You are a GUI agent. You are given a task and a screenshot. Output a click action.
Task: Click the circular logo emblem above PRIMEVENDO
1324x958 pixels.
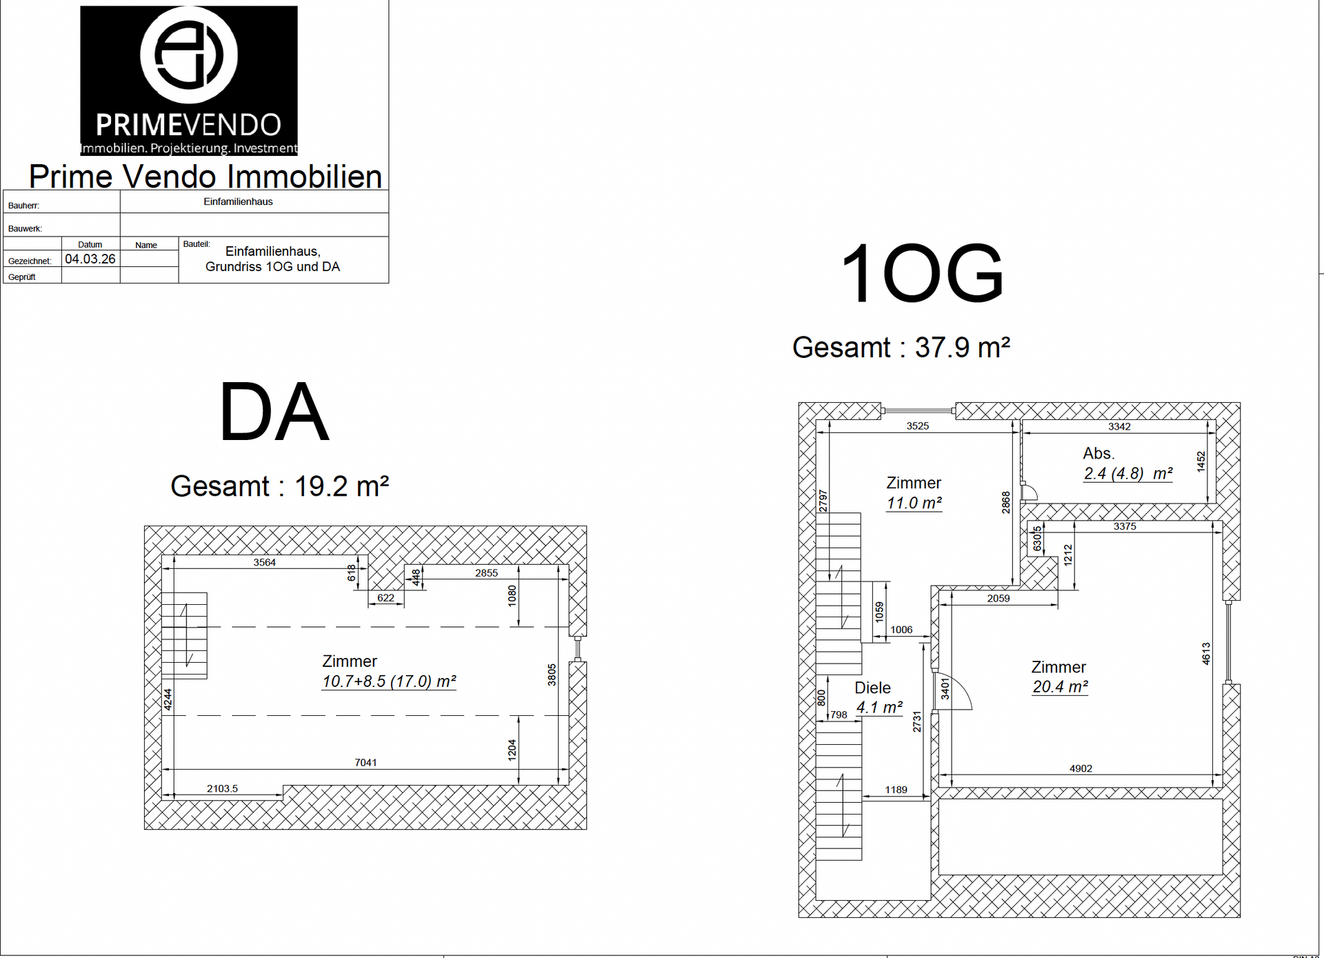tap(188, 54)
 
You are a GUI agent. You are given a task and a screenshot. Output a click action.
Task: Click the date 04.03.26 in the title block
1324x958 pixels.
tap(90, 259)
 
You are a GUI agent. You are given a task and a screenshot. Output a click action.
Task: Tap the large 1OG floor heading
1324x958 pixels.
tap(922, 273)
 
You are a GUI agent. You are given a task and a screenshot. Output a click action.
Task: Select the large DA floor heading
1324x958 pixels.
tap(274, 412)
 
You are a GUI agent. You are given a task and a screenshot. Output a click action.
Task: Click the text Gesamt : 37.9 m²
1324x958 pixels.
tap(901, 348)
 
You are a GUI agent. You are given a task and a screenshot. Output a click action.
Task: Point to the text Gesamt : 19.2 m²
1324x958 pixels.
tap(280, 486)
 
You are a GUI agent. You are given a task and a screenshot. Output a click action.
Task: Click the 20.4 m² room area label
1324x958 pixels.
tap(1060, 687)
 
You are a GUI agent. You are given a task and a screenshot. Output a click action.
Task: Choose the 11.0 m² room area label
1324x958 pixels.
tap(914, 503)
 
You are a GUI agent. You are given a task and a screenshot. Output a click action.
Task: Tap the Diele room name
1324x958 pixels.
tap(872, 688)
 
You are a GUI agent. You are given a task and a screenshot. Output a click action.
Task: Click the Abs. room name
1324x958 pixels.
tap(1099, 453)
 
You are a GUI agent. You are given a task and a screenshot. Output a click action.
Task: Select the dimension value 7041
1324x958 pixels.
tap(365, 762)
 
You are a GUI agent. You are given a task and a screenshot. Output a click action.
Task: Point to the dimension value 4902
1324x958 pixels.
tap(1081, 768)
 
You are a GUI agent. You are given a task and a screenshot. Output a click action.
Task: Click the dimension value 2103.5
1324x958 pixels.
tap(222, 788)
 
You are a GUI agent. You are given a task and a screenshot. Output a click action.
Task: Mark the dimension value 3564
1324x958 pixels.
tap(264, 562)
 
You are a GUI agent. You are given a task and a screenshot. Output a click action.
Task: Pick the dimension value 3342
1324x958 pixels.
tap(1119, 426)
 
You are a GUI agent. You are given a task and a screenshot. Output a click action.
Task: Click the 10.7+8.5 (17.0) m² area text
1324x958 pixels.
tap(389, 681)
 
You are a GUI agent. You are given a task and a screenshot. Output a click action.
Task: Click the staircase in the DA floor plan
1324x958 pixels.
tap(184, 635)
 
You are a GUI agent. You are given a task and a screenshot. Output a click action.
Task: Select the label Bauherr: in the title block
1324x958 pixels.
tap(23, 206)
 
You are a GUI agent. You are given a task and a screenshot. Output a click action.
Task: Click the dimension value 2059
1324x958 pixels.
tap(998, 598)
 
